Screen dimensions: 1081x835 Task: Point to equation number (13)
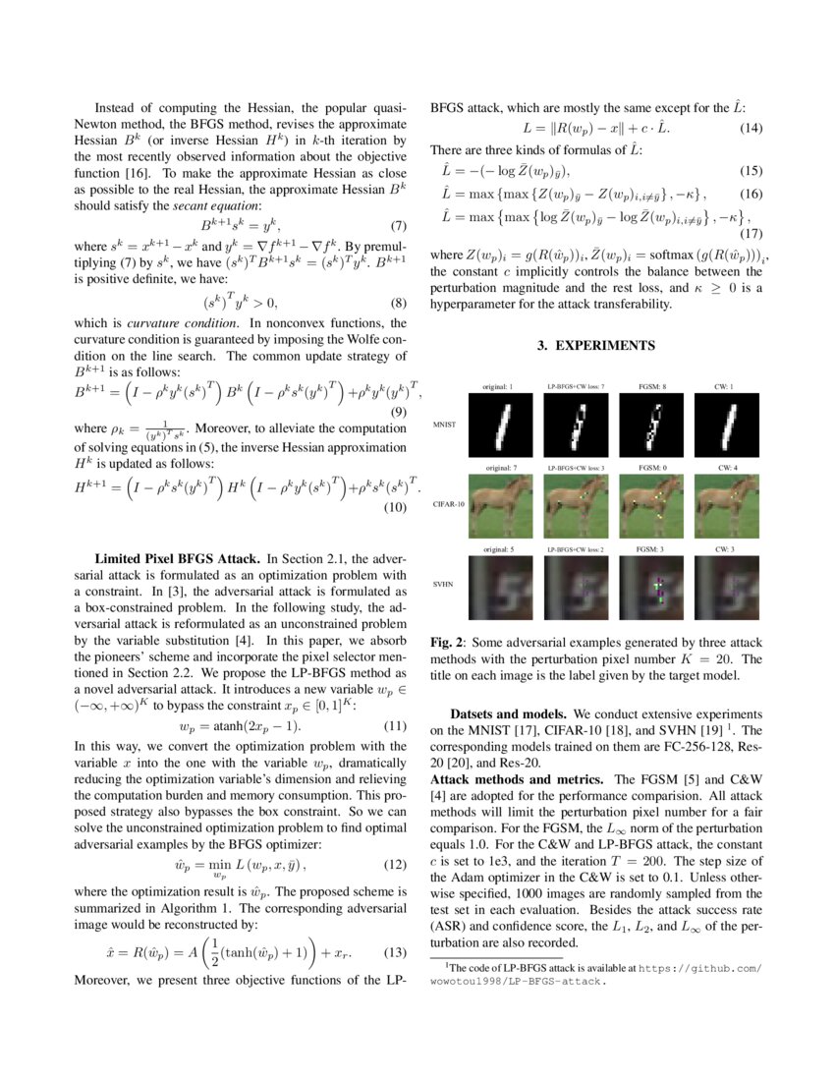(394, 953)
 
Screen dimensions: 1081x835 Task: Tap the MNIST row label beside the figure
(445, 423)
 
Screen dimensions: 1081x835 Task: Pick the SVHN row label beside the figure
(444, 584)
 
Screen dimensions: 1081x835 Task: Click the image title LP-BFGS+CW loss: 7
(576, 386)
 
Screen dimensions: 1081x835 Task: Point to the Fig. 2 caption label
(448, 643)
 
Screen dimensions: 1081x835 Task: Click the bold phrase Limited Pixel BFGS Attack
(175, 556)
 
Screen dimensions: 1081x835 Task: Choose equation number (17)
(750, 234)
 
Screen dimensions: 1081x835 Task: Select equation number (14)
(750, 129)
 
